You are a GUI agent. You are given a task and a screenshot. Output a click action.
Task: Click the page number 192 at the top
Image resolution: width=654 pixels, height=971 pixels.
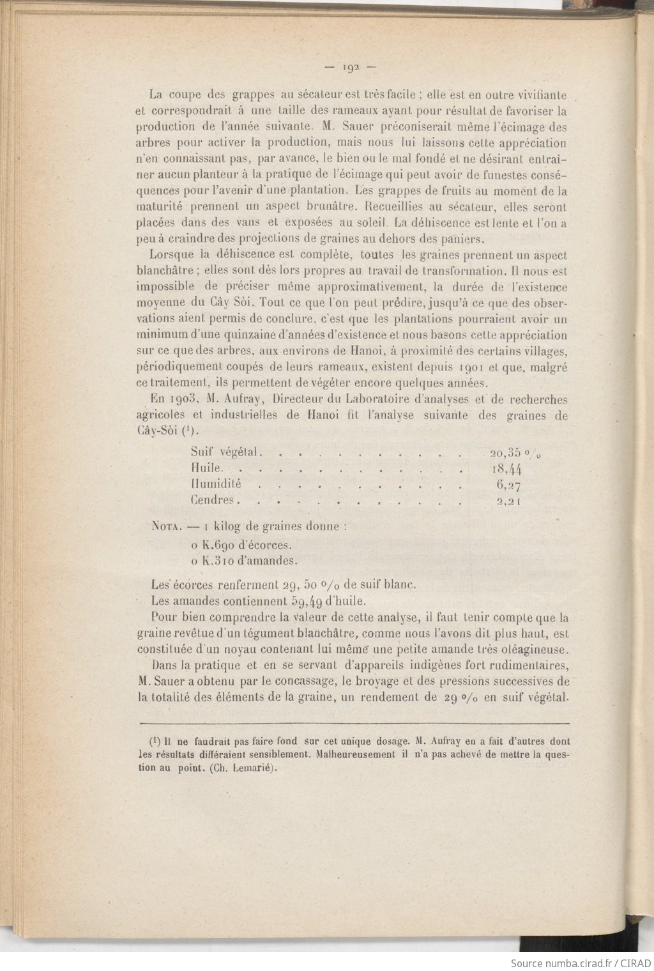[351, 66]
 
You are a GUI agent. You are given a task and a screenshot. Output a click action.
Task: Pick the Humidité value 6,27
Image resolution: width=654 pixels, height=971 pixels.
[508, 485]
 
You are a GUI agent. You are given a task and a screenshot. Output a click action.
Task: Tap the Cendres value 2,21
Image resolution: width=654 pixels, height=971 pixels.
[509, 501]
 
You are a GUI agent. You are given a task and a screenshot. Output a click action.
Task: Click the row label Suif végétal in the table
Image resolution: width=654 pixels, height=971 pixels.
[224, 452]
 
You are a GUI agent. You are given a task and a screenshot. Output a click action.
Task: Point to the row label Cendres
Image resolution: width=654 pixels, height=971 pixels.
[212, 500]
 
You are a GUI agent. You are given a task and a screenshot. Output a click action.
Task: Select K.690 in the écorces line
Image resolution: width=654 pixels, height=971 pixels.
[219, 546]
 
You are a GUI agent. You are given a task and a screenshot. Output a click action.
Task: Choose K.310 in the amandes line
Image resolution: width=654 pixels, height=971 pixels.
[219, 561]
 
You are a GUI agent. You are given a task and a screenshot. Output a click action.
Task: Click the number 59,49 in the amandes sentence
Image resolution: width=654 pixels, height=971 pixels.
[306, 601]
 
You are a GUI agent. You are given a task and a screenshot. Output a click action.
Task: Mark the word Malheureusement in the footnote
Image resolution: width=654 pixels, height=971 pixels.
[354, 754]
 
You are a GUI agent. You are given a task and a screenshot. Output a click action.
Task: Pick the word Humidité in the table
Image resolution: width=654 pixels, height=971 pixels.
[216, 484]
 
